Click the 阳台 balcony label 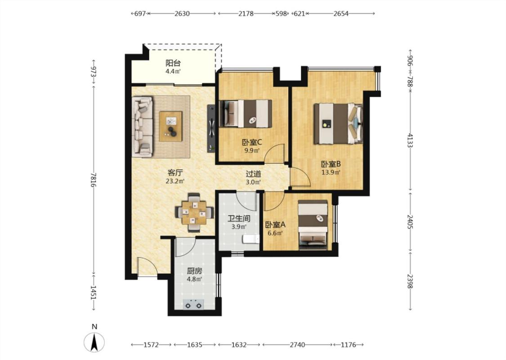point(173,63)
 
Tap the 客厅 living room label point(175,172)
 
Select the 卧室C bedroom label point(252,142)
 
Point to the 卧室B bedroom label point(331,164)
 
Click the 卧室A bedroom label point(275,225)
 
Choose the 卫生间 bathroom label point(239,219)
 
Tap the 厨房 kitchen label point(194,271)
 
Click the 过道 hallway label point(253,174)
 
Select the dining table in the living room point(194,213)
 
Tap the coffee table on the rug point(171,126)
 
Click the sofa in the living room point(142,127)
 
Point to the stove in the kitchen point(193,304)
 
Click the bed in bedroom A point(313,225)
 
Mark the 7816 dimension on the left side point(94,180)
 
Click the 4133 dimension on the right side point(410,140)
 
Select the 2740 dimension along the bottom point(297,345)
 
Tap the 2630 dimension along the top point(182,13)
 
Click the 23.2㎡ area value point(175,181)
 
